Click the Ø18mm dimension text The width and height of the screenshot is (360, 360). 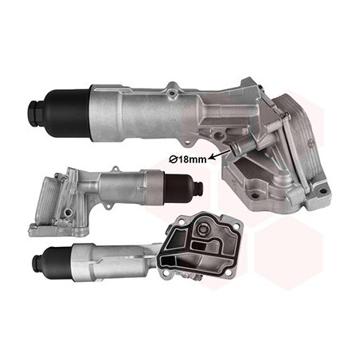pyautogui.click(x=188, y=159)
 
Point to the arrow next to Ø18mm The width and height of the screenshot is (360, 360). pyautogui.click(x=220, y=154)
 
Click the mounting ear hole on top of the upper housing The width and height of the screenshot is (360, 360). pyautogui.click(x=173, y=92)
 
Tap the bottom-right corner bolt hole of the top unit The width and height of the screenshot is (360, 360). pyautogui.click(x=323, y=190)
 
